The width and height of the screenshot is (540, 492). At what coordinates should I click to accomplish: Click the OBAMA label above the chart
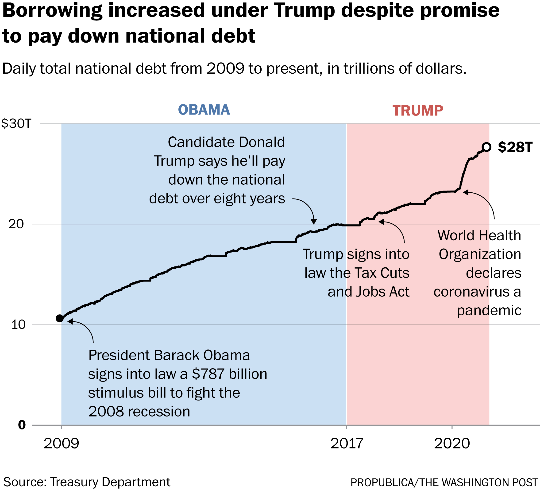204,110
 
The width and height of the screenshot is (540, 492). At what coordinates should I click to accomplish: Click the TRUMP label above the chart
418,111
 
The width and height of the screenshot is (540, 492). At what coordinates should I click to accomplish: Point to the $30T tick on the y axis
16,124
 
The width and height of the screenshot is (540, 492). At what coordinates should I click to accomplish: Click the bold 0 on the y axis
22,425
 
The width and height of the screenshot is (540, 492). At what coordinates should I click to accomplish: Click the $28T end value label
515,147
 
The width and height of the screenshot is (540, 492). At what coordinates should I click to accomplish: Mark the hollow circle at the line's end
486,147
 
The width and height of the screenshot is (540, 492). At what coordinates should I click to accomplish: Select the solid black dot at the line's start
59,318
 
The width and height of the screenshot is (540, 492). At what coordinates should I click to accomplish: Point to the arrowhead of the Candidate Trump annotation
314,222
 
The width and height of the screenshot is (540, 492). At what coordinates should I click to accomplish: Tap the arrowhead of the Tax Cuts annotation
381,222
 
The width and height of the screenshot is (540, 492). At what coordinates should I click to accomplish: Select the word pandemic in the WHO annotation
489,310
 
